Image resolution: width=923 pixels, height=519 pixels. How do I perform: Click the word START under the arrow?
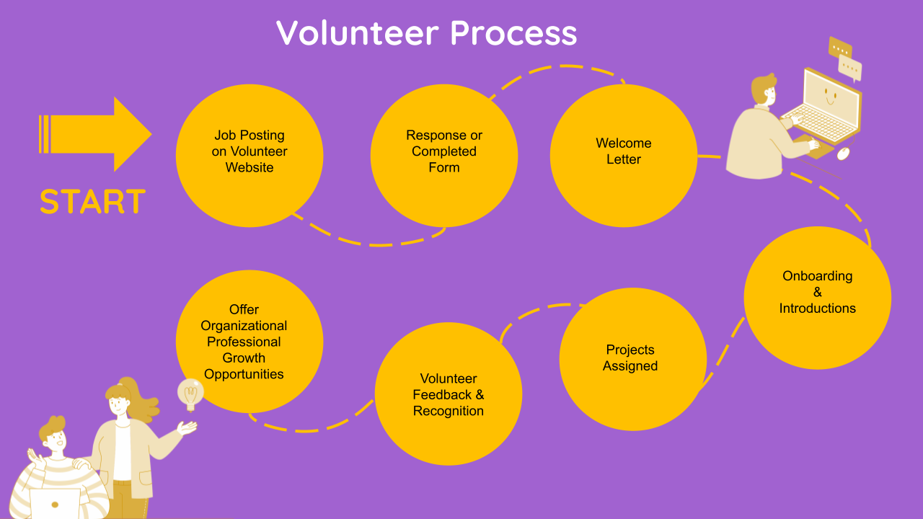[92, 202]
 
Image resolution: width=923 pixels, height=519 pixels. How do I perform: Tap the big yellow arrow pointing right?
[97, 134]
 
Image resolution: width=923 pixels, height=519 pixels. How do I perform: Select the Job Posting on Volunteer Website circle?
[249, 155]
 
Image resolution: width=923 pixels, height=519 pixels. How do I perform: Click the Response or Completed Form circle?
[444, 155]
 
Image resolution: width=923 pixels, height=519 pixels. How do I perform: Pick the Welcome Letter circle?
[624, 155]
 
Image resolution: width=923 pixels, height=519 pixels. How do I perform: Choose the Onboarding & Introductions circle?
[818, 298]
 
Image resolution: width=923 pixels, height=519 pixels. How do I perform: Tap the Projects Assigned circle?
[632, 359]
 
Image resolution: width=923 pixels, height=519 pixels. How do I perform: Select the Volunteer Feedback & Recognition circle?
[449, 394]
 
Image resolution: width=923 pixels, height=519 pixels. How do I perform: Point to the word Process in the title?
[514, 33]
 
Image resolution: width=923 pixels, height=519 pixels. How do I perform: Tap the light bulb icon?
[190, 393]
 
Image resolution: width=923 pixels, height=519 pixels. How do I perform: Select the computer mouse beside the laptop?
[843, 153]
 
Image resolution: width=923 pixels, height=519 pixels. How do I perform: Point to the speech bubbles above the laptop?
[845, 58]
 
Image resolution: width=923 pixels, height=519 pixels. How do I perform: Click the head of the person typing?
[764, 90]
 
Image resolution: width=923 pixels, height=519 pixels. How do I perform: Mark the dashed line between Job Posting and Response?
[368, 241]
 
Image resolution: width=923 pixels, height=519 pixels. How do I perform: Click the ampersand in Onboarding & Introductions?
[818, 292]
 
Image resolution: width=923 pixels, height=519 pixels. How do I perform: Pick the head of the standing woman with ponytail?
[120, 397]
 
